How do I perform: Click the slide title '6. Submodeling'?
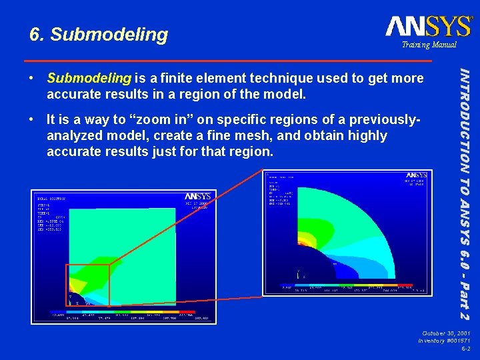click(x=99, y=34)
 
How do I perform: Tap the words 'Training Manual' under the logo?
click(x=429, y=45)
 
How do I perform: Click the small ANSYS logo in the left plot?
click(x=197, y=196)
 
